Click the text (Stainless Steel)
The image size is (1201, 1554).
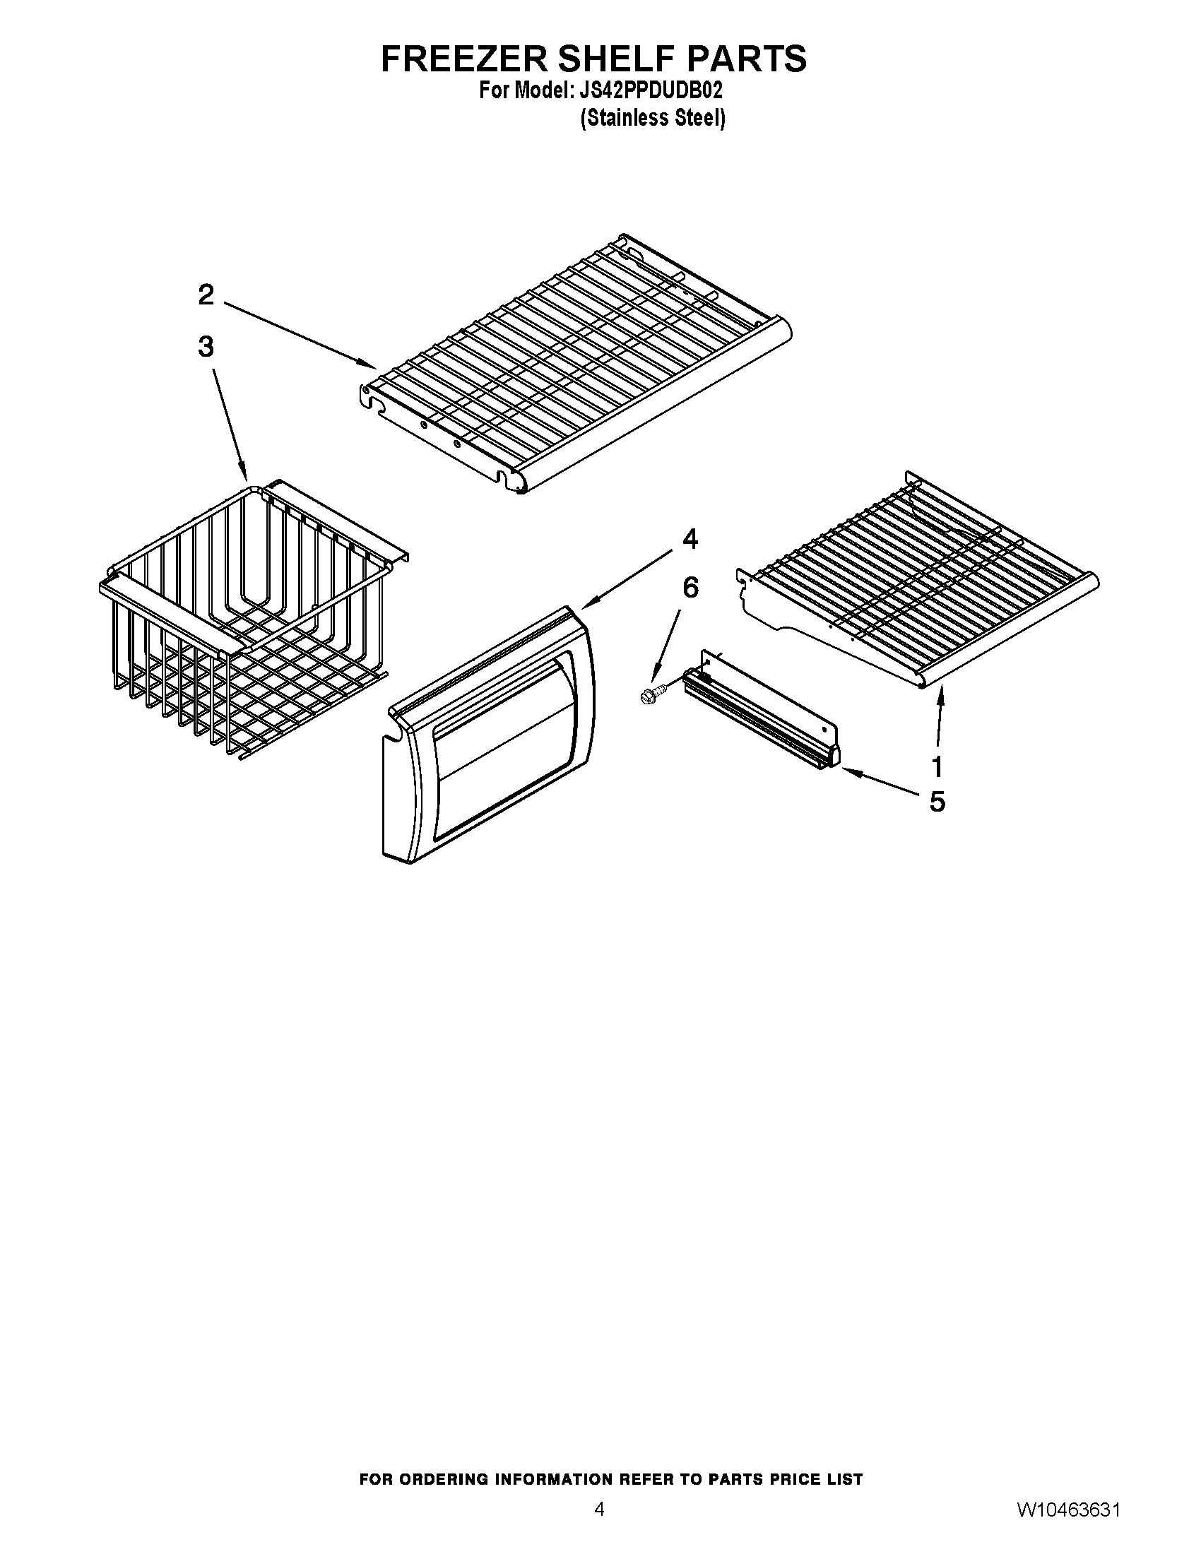[x=653, y=118]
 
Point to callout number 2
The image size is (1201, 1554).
[x=206, y=295]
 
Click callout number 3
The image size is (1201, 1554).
[x=206, y=348]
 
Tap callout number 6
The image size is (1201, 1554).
[x=690, y=588]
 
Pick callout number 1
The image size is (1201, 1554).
[x=937, y=767]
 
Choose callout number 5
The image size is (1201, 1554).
[x=937, y=802]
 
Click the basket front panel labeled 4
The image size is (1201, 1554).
[x=491, y=733]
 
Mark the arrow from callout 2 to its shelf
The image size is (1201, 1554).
[x=299, y=334]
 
